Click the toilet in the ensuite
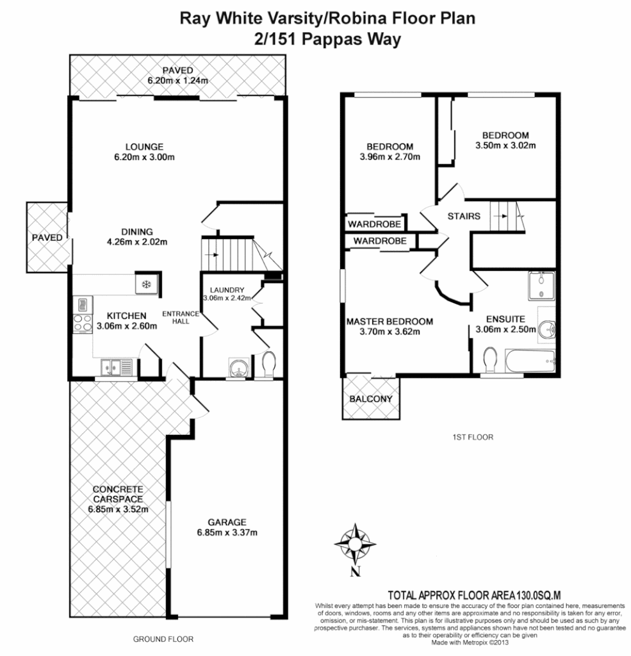click(x=491, y=359)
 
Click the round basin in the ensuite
click(x=547, y=329)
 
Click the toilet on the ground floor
click(x=268, y=363)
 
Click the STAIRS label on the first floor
click(x=464, y=217)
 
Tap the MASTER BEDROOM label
click(x=389, y=322)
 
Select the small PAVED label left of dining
click(x=47, y=238)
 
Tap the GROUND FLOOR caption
click(x=163, y=639)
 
